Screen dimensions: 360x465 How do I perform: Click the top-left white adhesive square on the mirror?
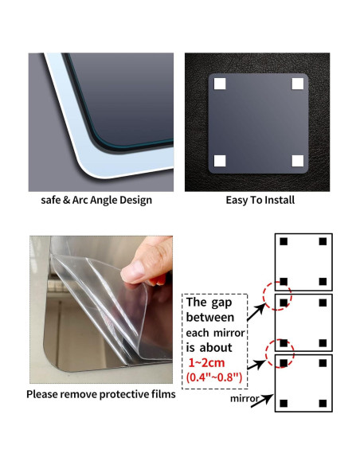point(220,84)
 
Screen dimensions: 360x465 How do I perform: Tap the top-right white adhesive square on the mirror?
point(297,84)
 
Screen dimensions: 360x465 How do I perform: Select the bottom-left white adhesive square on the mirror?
point(220,161)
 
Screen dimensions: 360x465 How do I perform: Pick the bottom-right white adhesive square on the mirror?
point(297,161)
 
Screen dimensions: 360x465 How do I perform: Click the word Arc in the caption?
point(80,200)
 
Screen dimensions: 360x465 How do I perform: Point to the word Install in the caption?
point(280,200)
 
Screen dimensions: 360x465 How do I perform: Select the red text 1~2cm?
point(207,363)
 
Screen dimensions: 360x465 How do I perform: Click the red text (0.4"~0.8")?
point(214,377)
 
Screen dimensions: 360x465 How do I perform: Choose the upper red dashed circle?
point(277,296)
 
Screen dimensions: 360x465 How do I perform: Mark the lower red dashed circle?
point(280,354)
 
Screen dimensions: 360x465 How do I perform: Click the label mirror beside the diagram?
point(245,399)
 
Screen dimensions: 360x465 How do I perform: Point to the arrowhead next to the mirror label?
point(268,399)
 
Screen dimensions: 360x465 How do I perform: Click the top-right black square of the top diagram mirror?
point(323,241)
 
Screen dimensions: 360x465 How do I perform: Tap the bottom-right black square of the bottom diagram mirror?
point(323,404)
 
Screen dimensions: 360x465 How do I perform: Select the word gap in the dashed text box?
point(221,303)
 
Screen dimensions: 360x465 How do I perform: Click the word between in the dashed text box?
point(210,318)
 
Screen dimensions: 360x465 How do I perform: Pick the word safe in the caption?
point(51,200)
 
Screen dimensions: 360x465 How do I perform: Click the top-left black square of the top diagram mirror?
point(284,241)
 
